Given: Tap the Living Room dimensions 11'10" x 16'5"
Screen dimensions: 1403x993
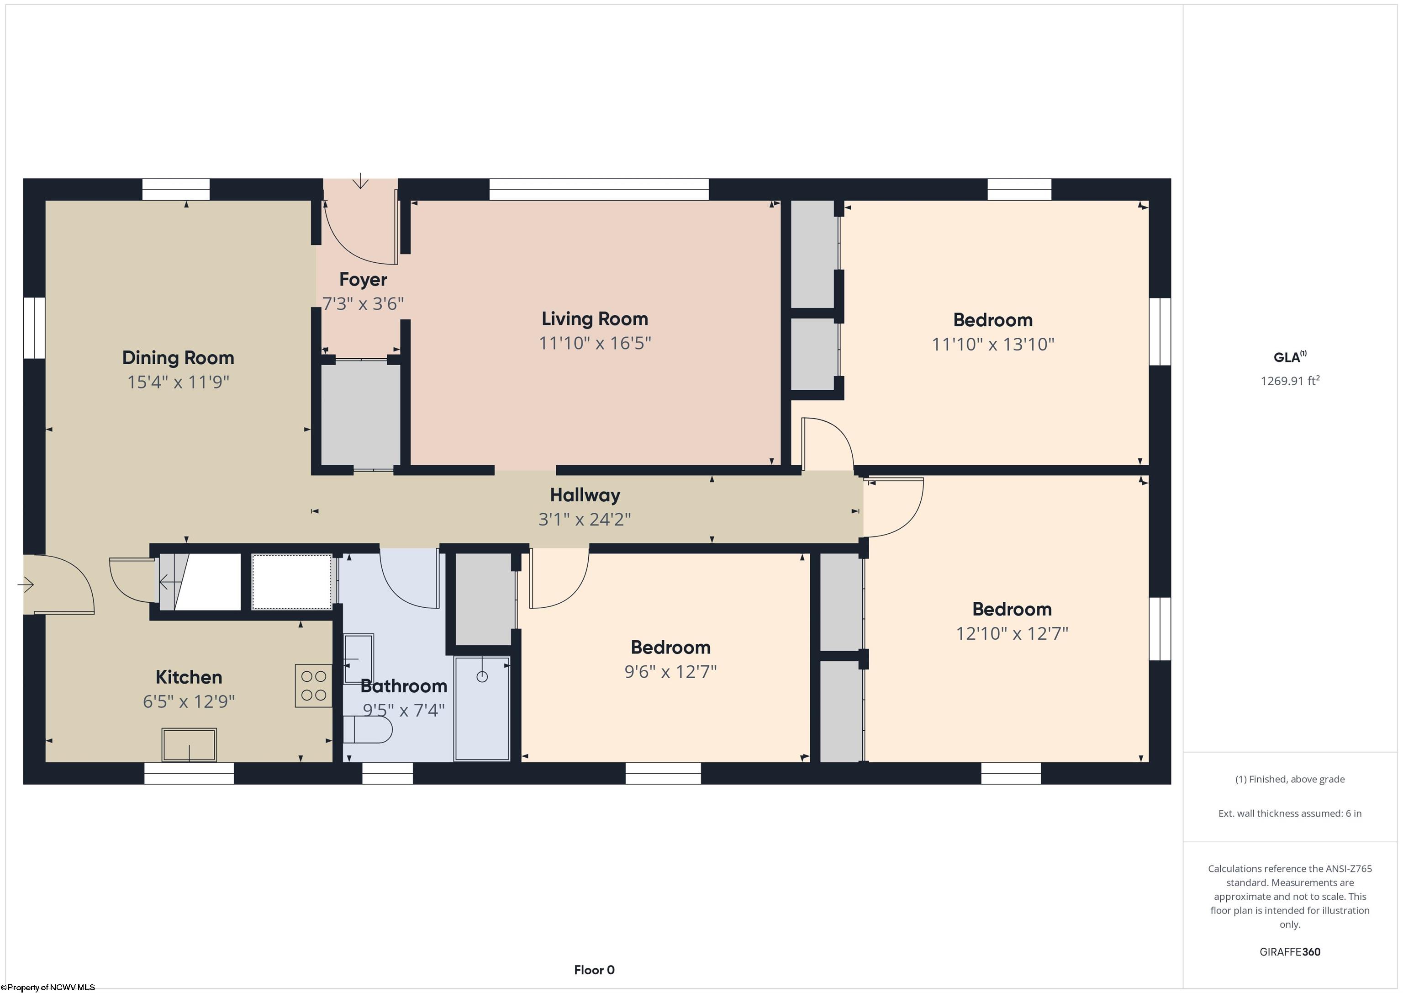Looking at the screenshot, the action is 595,343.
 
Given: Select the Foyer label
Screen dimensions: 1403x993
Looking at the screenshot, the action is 363,279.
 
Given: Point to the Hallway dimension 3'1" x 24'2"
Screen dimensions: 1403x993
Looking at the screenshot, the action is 585,519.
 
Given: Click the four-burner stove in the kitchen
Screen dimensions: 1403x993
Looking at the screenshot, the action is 313,685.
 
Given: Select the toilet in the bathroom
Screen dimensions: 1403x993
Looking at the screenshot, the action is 367,729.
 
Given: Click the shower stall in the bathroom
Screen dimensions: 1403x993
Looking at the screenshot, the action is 482,709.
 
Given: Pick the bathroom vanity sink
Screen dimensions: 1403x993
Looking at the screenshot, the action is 358,659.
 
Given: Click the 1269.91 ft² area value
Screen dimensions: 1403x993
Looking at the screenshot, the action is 1290,380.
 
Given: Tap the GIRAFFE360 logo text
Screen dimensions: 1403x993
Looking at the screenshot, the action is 1290,951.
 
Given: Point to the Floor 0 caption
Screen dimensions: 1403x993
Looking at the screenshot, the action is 594,970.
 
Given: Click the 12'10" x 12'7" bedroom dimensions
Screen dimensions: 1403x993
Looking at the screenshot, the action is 1012,633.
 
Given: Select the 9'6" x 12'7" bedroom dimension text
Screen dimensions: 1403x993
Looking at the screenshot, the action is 670,671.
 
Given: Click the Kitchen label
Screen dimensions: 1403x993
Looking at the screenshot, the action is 189,677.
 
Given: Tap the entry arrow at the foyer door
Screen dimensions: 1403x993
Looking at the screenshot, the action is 361,181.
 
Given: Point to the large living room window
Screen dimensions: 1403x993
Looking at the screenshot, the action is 599,190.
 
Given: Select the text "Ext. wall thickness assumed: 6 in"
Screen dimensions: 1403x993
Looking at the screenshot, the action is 1290,813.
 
